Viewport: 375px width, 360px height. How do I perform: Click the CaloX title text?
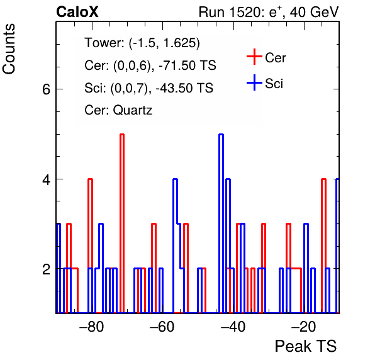(x=77, y=12)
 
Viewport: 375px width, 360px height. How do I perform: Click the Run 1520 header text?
(x=269, y=12)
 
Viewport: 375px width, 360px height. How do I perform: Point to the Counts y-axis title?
(x=9, y=49)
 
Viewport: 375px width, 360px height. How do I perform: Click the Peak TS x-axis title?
(x=306, y=346)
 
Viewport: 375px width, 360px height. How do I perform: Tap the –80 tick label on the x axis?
(x=92, y=326)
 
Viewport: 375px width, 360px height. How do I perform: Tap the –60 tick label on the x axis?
(x=162, y=326)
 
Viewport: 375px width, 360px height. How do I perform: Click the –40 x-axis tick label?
(x=233, y=326)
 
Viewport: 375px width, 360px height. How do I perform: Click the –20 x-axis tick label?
(x=303, y=326)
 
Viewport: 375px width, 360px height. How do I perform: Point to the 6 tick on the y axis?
(x=46, y=89)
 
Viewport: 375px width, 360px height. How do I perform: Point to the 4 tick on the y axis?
(x=46, y=179)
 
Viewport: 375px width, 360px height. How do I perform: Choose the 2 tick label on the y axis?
(x=46, y=269)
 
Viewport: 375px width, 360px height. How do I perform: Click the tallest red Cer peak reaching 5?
(x=122, y=135)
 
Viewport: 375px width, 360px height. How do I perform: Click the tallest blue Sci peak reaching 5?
(x=221, y=135)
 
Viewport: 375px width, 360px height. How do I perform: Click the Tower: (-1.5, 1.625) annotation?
(x=142, y=43)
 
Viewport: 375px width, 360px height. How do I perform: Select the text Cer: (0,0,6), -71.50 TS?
(x=150, y=65)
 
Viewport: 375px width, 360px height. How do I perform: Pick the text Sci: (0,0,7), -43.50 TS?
(x=148, y=87)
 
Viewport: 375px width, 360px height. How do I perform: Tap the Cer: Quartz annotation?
(x=118, y=110)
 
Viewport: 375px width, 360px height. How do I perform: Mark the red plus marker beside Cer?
(x=254, y=57)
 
